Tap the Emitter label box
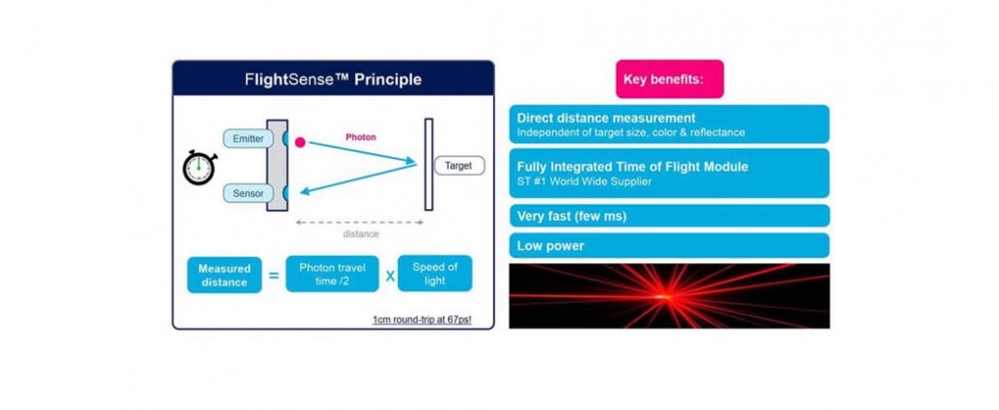[x=248, y=139]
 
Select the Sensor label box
[x=248, y=193]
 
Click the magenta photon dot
[x=300, y=143]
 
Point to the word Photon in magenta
[x=361, y=137]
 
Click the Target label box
[x=458, y=166]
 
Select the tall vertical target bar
[x=429, y=164]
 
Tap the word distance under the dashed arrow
[x=361, y=234]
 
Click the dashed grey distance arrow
[x=360, y=223]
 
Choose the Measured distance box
[x=224, y=275]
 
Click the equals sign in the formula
[x=274, y=276]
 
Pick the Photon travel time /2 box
[x=332, y=274]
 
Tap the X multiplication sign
[x=388, y=275]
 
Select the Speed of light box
[x=435, y=274]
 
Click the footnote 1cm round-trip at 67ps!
[x=422, y=319]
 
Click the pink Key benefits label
[x=670, y=79]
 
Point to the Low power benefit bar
[x=669, y=246]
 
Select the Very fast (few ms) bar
[x=669, y=216]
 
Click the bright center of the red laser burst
[x=662, y=296]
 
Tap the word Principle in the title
[x=388, y=79]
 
